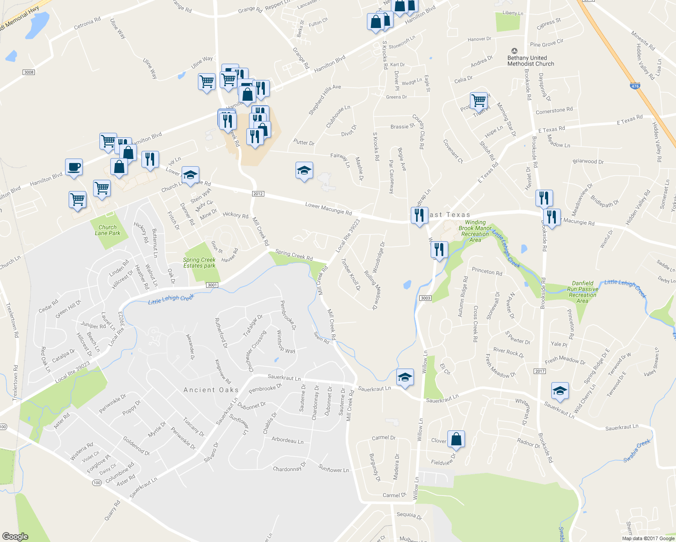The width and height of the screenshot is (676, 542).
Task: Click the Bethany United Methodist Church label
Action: [x=530, y=61]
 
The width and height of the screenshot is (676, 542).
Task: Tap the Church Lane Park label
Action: [x=108, y=230]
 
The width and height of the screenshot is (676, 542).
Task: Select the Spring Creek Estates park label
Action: [x=199, y=263]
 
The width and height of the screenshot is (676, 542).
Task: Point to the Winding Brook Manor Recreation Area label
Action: [x=475, y=231]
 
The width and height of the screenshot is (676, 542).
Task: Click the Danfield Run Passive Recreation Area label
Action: [x=582, y=292]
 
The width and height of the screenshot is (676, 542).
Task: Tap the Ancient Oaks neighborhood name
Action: [x=211, y=390]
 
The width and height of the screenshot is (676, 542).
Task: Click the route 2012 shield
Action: [x=258, y=194]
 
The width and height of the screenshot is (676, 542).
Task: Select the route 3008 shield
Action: [x=28, y=72]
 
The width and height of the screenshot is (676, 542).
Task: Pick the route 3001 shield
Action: [x=212, y=285]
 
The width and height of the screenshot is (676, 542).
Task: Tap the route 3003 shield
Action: [x=425, y=298]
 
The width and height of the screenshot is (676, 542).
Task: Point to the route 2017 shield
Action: [x=540, y=371]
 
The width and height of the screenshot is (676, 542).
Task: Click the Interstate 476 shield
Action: [x=635, y=86]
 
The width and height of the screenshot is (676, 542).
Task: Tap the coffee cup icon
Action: [x=74, y=168]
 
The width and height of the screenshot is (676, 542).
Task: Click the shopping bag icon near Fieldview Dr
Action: [x=456, y=439]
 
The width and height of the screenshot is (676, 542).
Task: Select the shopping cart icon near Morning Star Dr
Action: [x=479, y=100]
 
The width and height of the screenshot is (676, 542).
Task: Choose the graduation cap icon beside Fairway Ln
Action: [x=304, y=170]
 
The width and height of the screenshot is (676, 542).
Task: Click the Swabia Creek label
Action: [x=637, y=450]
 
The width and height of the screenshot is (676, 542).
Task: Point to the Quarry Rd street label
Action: [x=113, y=510]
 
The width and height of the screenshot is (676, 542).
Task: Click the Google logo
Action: [x=15, y=537]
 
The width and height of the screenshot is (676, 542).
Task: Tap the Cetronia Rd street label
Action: [x=87, y=23]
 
